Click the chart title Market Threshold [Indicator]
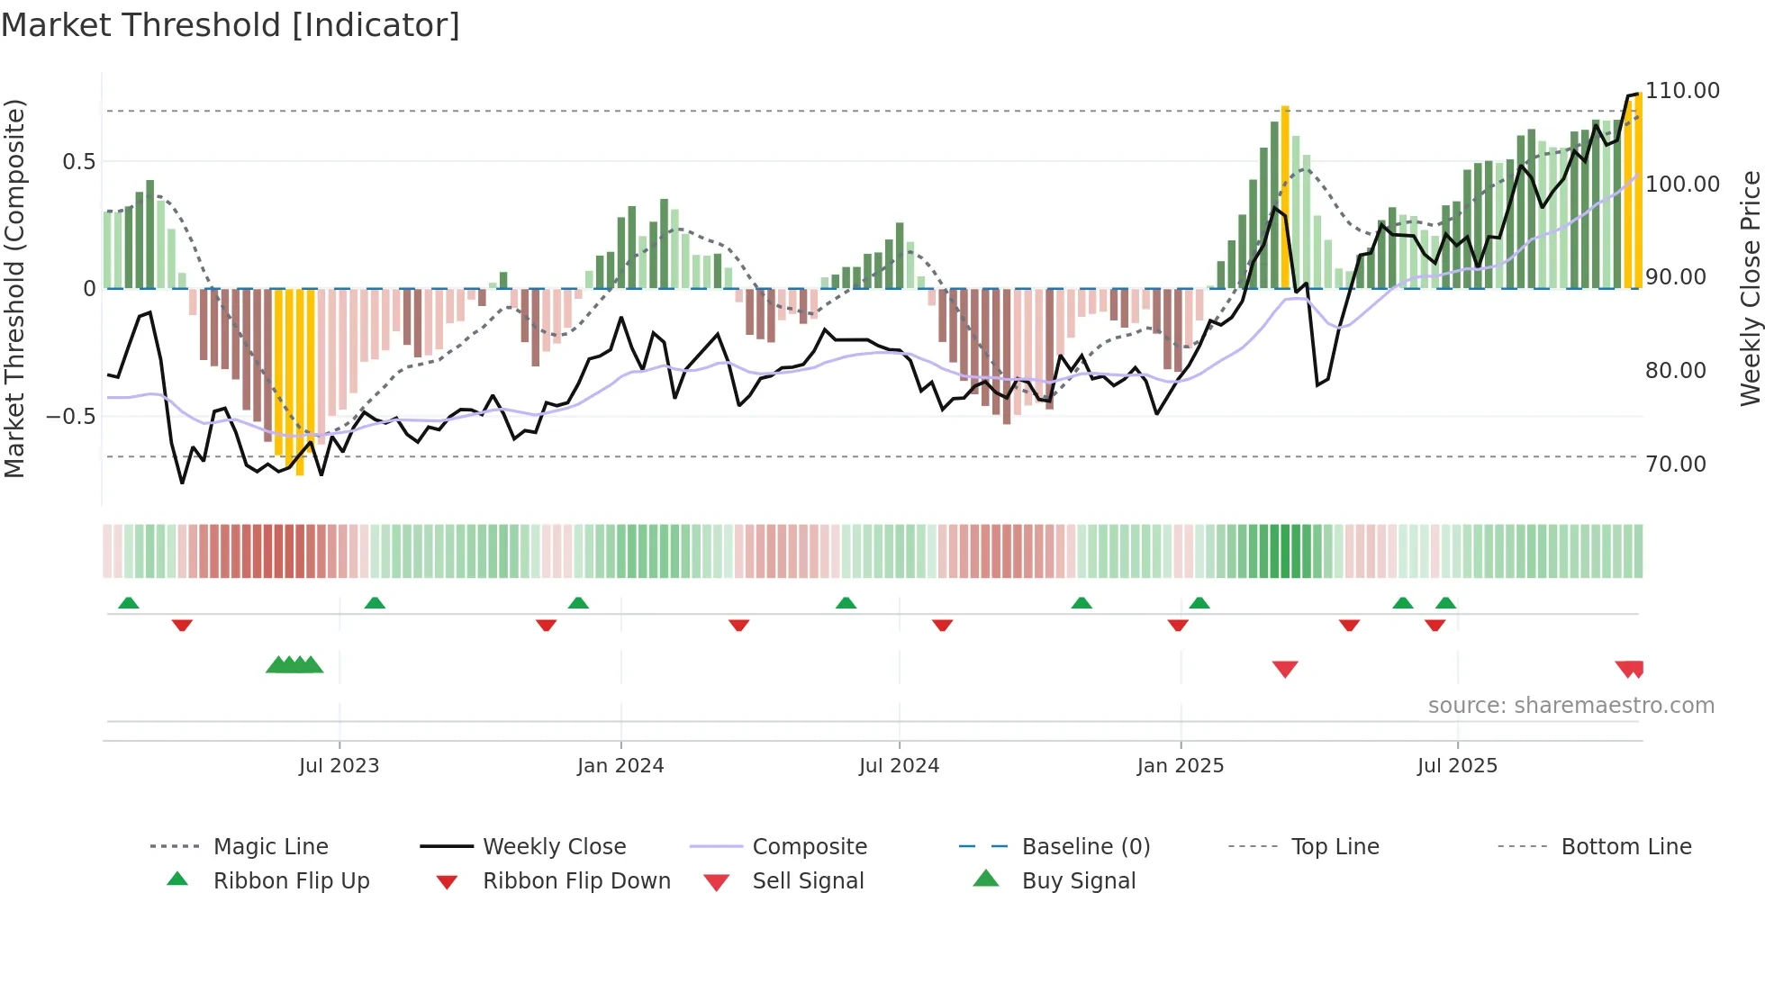click(x=231, y=25)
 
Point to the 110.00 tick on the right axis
click(x=1682, y=91)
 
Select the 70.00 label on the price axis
click(x=1675, y=464)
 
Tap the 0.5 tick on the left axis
click(x=78, y=162)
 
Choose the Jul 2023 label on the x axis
click(x=339, y=766)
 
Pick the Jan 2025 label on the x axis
click(x=1180, y=766)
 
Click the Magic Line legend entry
click(x=270, y=847)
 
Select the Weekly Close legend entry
click(x=554, y=847)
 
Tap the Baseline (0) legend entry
click(x=1085, y=847)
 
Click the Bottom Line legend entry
click(x=1625, y=847)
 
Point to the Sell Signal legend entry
click(x=808, y=881)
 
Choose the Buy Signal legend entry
click(x=1078, y=881)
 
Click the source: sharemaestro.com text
click(x=1570, y=706)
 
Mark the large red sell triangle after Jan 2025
click(x=1285, y=669)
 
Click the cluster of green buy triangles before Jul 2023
click(x=294, y=665)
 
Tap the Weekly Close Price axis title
click(x=1749, y=288)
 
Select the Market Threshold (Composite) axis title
click(x=14, y=288)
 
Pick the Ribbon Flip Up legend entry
click(x=291, y=881)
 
